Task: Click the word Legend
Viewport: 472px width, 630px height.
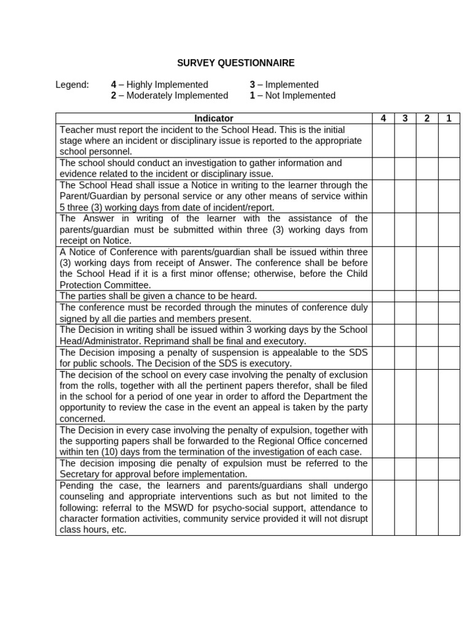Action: click(72, 85)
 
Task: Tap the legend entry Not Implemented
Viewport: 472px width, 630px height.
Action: click(300, 96)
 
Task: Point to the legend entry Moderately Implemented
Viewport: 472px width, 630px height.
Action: click(177, 96)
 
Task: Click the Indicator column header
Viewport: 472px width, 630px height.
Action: click(214, 118)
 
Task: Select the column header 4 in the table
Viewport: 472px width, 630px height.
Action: click(383, 118)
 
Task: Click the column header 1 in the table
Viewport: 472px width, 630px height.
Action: click(449, 118)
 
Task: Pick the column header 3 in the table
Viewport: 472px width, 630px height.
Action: click(405, 118)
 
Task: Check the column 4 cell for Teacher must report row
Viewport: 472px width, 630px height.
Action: click(383, 140)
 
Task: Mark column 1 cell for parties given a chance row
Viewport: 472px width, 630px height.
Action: click(449, 296)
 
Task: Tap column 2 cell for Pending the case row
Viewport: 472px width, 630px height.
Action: click(427, 508)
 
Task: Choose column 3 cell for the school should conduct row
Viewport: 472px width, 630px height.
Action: click(405, 169)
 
